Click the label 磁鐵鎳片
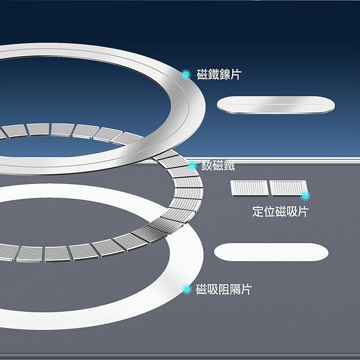(x=219, y=75)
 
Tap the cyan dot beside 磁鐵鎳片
(x=185, y=75)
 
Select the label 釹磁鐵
(x=218, y=165)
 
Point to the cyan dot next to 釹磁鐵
(x=192, y=165)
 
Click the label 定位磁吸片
(x=280, y=211)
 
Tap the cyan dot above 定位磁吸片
(x=305, y=196)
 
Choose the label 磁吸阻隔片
(x=224, y=289)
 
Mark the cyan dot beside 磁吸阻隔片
(x=187, y=289)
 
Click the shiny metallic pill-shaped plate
(x=276, y=105)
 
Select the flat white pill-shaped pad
(x=271, y=252)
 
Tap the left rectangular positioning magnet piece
(x=249, y=188)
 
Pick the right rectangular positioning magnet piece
(x=289, y=188)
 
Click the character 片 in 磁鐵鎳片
(x=236, y=75)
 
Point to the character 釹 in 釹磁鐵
(x=207, y=165)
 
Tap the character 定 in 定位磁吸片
(x=258, y=211)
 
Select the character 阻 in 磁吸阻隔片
(x=224, y=289)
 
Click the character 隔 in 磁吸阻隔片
(x=235, y=289)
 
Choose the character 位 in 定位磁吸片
(x=269, y=211)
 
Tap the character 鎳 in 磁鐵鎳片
(x=225, y=75)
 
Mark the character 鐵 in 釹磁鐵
(x=229, y=165)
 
